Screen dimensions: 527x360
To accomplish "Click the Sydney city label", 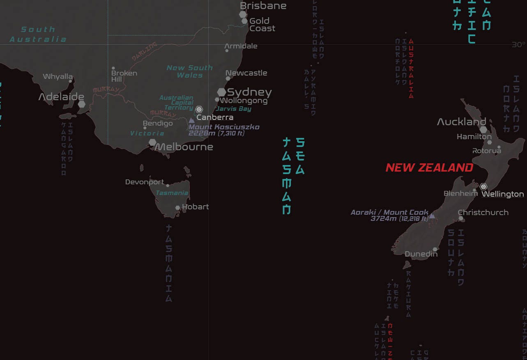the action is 249,92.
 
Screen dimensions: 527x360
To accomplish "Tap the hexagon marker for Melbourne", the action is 152,142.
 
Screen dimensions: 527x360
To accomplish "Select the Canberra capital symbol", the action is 199,109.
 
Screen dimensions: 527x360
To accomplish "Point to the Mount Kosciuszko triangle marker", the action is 191,120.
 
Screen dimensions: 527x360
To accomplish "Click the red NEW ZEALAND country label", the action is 429,167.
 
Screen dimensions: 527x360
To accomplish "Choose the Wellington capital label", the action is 502,194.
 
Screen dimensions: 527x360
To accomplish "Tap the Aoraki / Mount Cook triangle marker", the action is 432,215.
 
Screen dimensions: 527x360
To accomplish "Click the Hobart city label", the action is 196,207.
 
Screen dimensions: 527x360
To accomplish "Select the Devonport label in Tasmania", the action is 145,182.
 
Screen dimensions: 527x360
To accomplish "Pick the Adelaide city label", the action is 61,97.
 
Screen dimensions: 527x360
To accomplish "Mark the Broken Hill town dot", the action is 113,69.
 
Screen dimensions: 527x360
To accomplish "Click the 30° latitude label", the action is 519,45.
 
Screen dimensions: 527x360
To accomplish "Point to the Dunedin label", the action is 421,254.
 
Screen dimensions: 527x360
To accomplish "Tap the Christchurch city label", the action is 483,212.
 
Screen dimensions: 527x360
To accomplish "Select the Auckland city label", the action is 461,122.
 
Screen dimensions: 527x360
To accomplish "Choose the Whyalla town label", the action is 58,76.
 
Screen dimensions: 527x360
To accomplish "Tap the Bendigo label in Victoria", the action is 158,123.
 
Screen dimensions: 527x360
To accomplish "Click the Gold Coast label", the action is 262,25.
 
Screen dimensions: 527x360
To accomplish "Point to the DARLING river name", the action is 145,52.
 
